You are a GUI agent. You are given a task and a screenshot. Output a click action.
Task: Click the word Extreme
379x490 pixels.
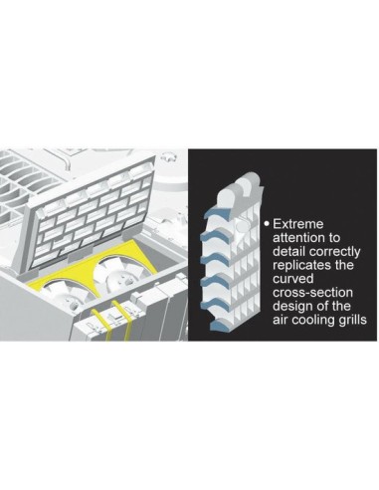coord(297,224)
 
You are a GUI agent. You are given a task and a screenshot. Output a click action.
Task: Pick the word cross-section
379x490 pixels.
coord(312,293)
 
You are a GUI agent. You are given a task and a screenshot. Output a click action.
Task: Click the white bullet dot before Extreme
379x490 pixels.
coord(267,223)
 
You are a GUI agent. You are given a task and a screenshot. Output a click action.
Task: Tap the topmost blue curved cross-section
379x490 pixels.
coord(217,213)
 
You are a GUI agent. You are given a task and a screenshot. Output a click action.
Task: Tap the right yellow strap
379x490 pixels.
coord(121,320)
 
